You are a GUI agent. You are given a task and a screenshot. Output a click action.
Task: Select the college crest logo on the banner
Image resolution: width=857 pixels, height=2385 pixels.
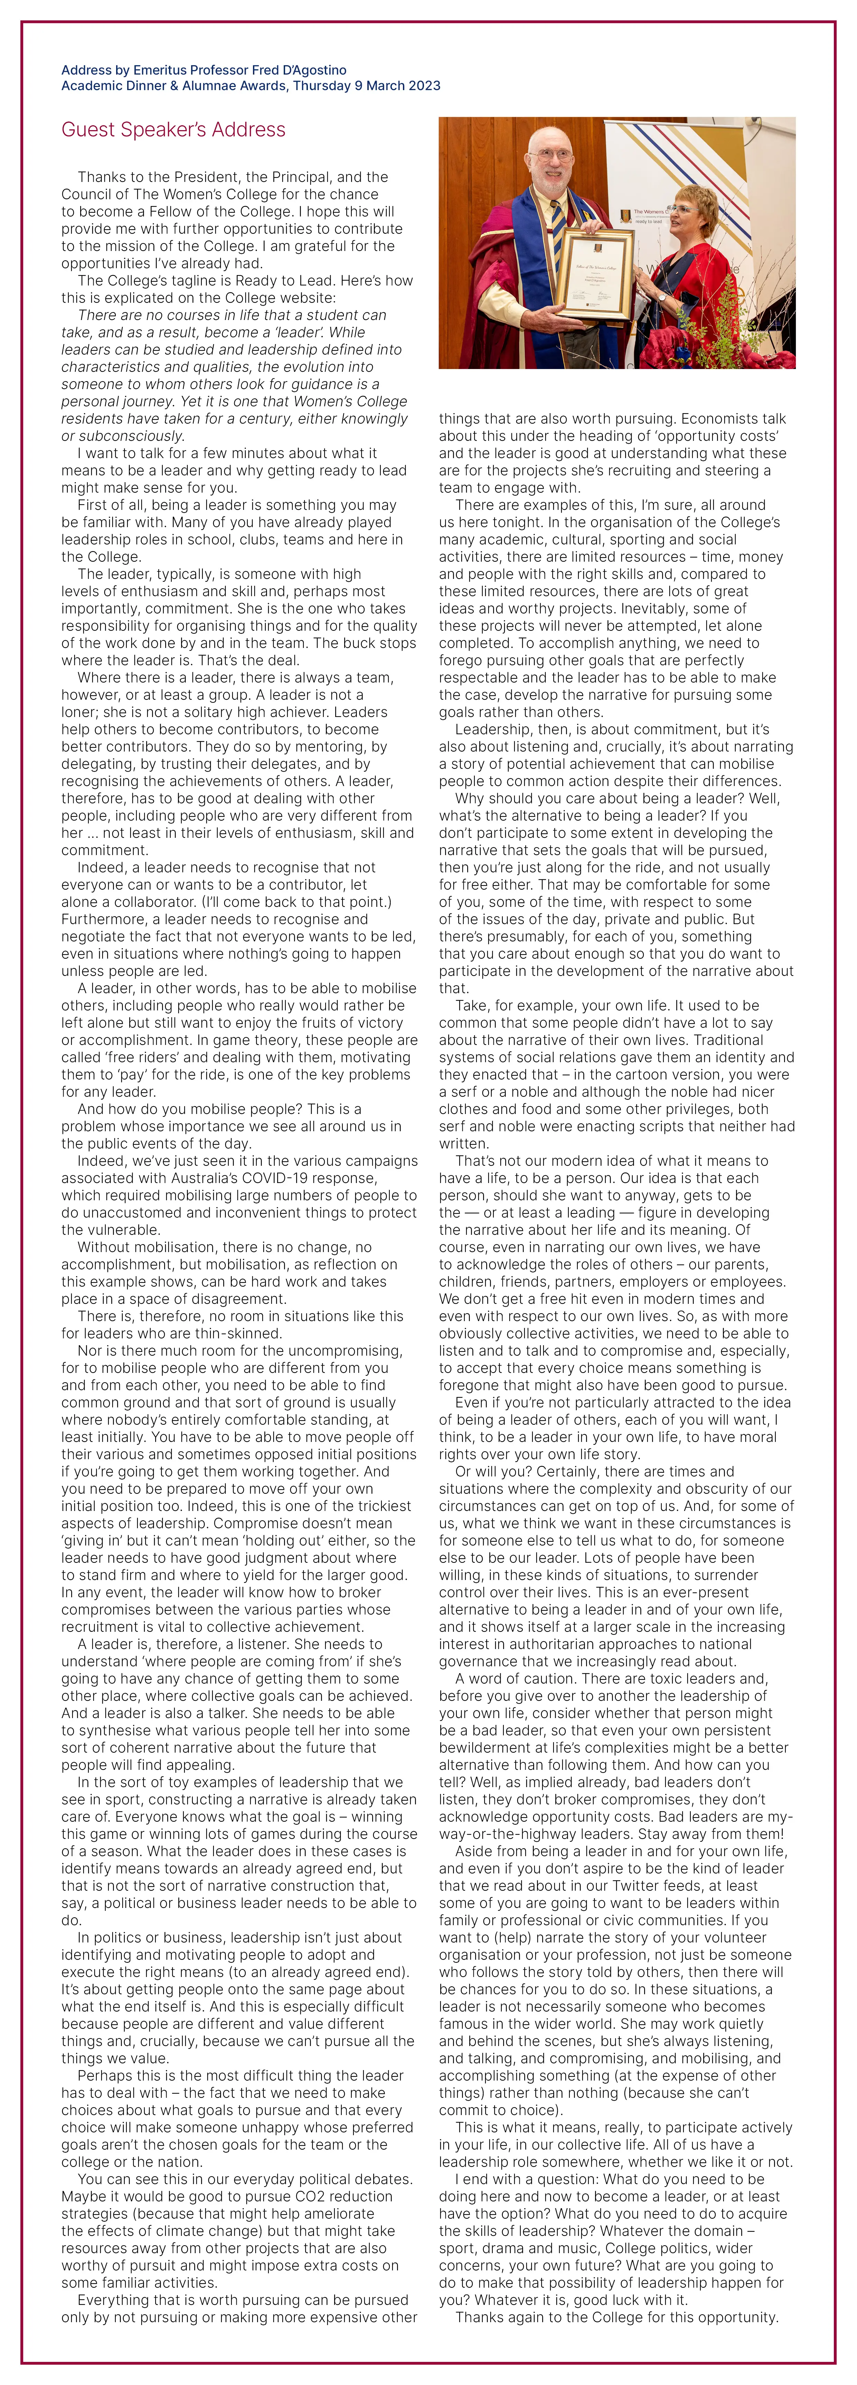626,216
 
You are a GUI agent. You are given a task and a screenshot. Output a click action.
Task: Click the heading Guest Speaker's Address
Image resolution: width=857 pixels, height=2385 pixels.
173,129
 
